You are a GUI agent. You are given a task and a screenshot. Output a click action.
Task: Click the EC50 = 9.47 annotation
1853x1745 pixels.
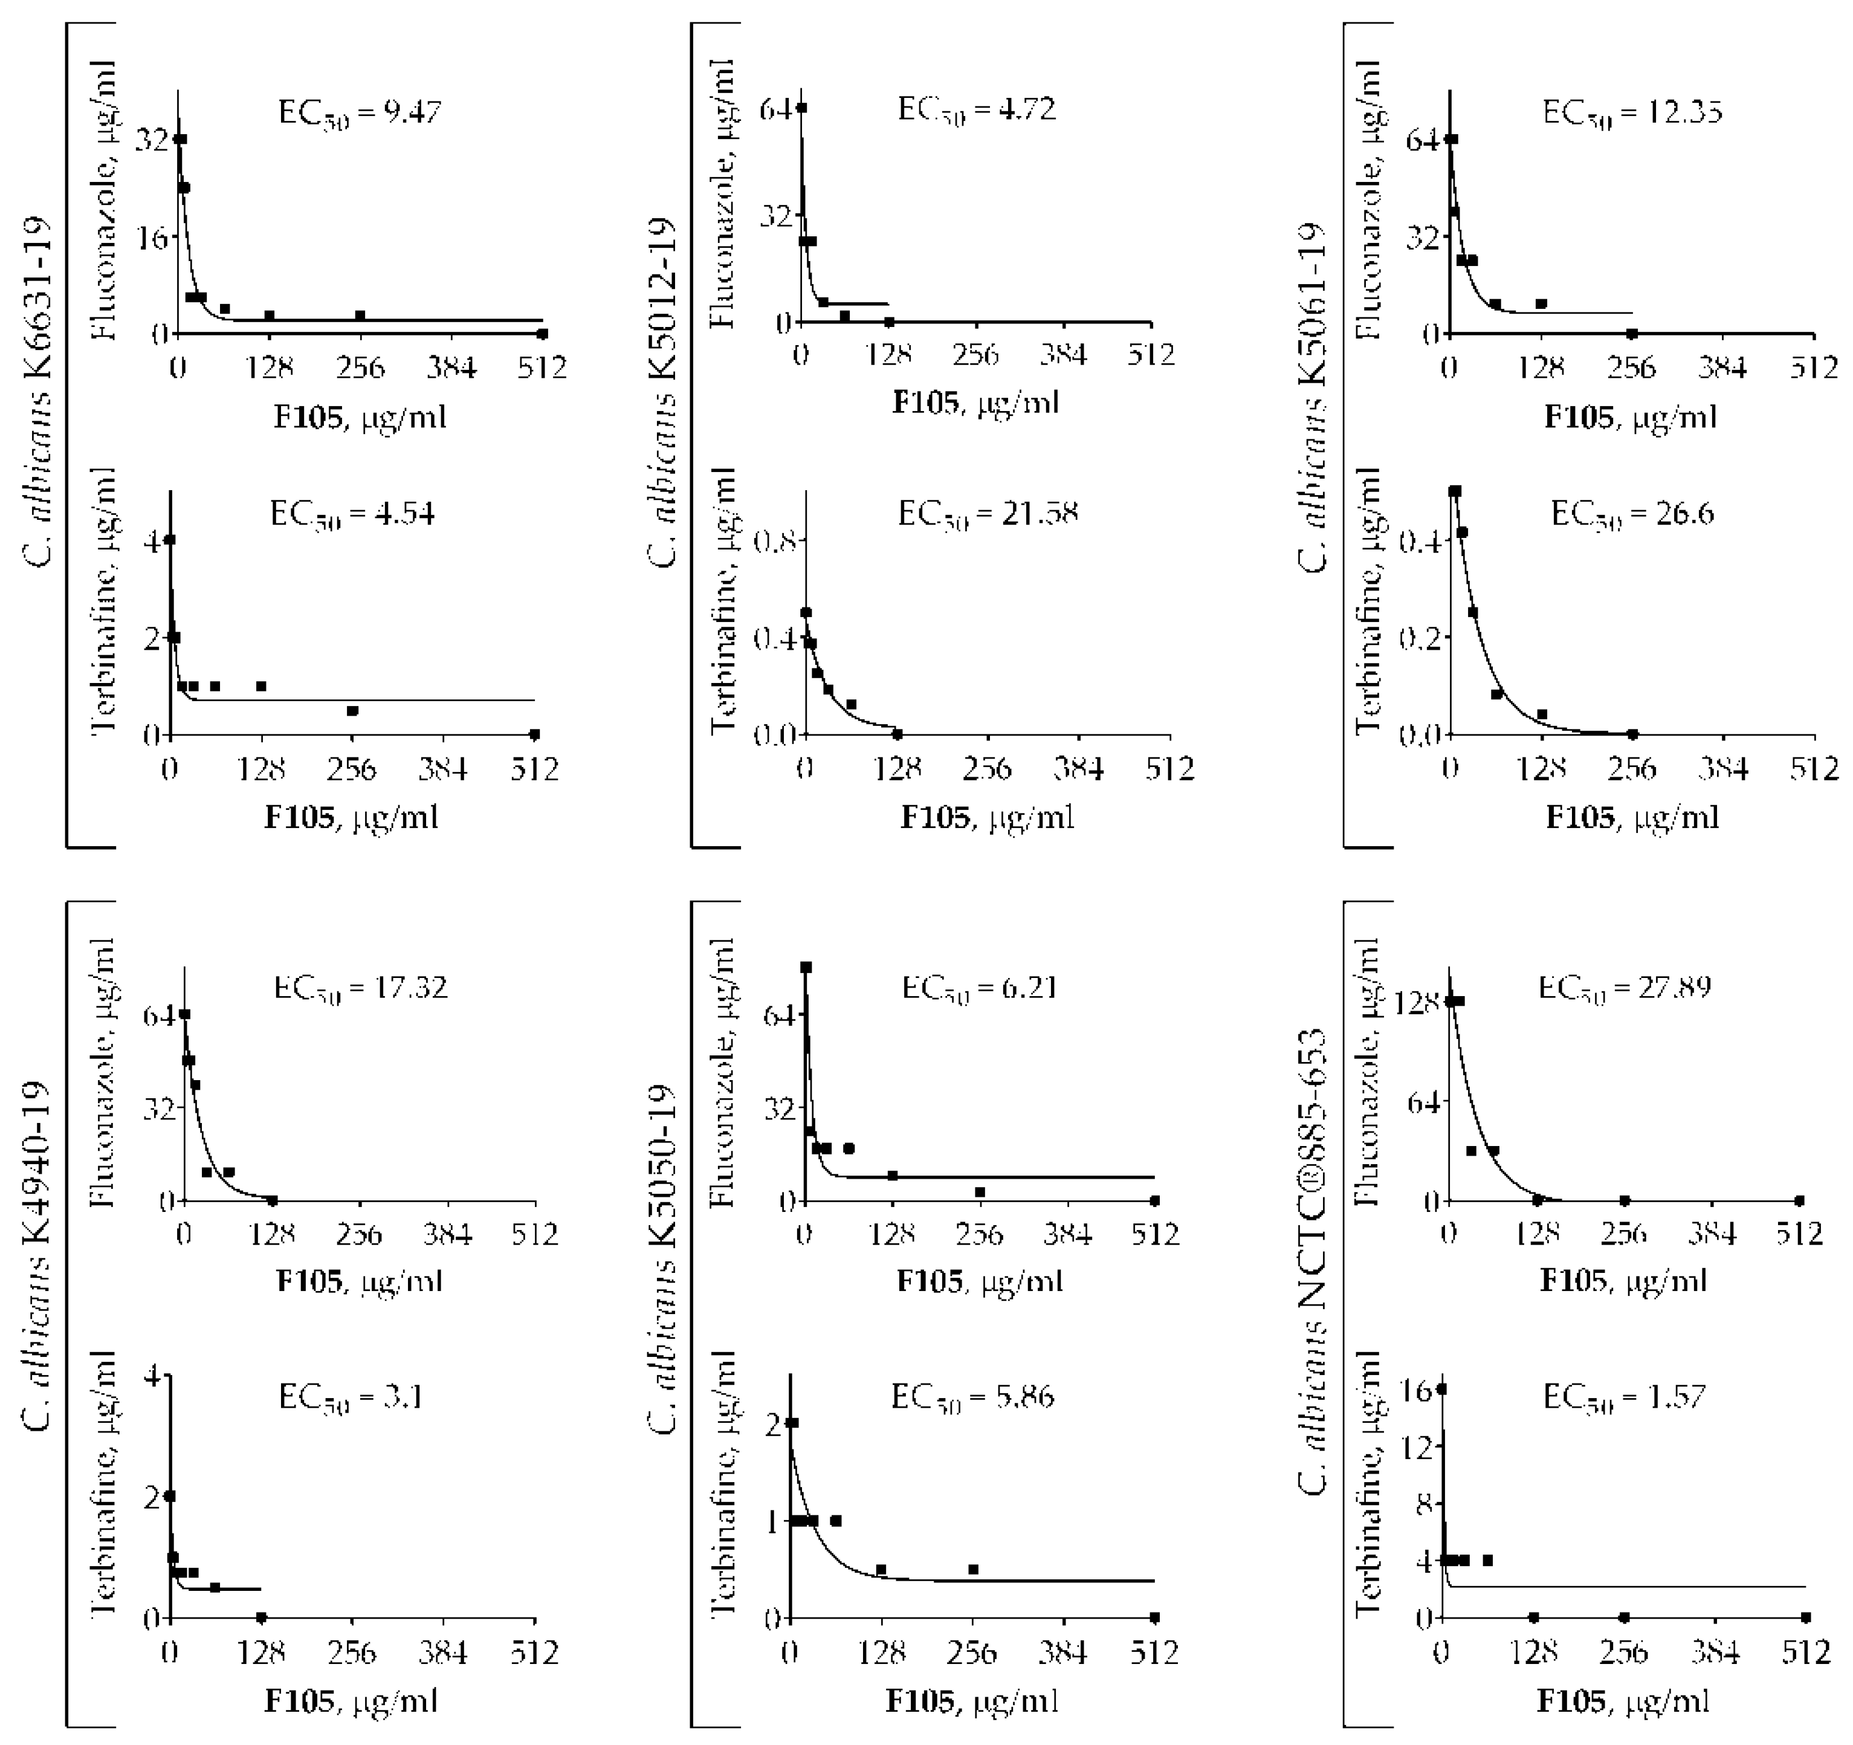pos(359,114)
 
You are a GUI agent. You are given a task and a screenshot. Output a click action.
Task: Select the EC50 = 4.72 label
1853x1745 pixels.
pos(976,110)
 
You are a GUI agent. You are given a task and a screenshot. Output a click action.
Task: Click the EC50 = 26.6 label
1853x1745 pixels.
pos(1631,514)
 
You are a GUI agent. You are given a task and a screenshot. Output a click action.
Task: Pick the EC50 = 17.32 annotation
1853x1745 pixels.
pos(360,988)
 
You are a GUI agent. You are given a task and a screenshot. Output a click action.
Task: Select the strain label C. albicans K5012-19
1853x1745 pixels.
pos(663,392)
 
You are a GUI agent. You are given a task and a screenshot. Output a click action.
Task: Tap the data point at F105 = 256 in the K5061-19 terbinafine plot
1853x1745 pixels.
pos(1632,734)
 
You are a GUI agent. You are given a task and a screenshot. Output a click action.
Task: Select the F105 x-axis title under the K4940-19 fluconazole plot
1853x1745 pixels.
pos(359,1282)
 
